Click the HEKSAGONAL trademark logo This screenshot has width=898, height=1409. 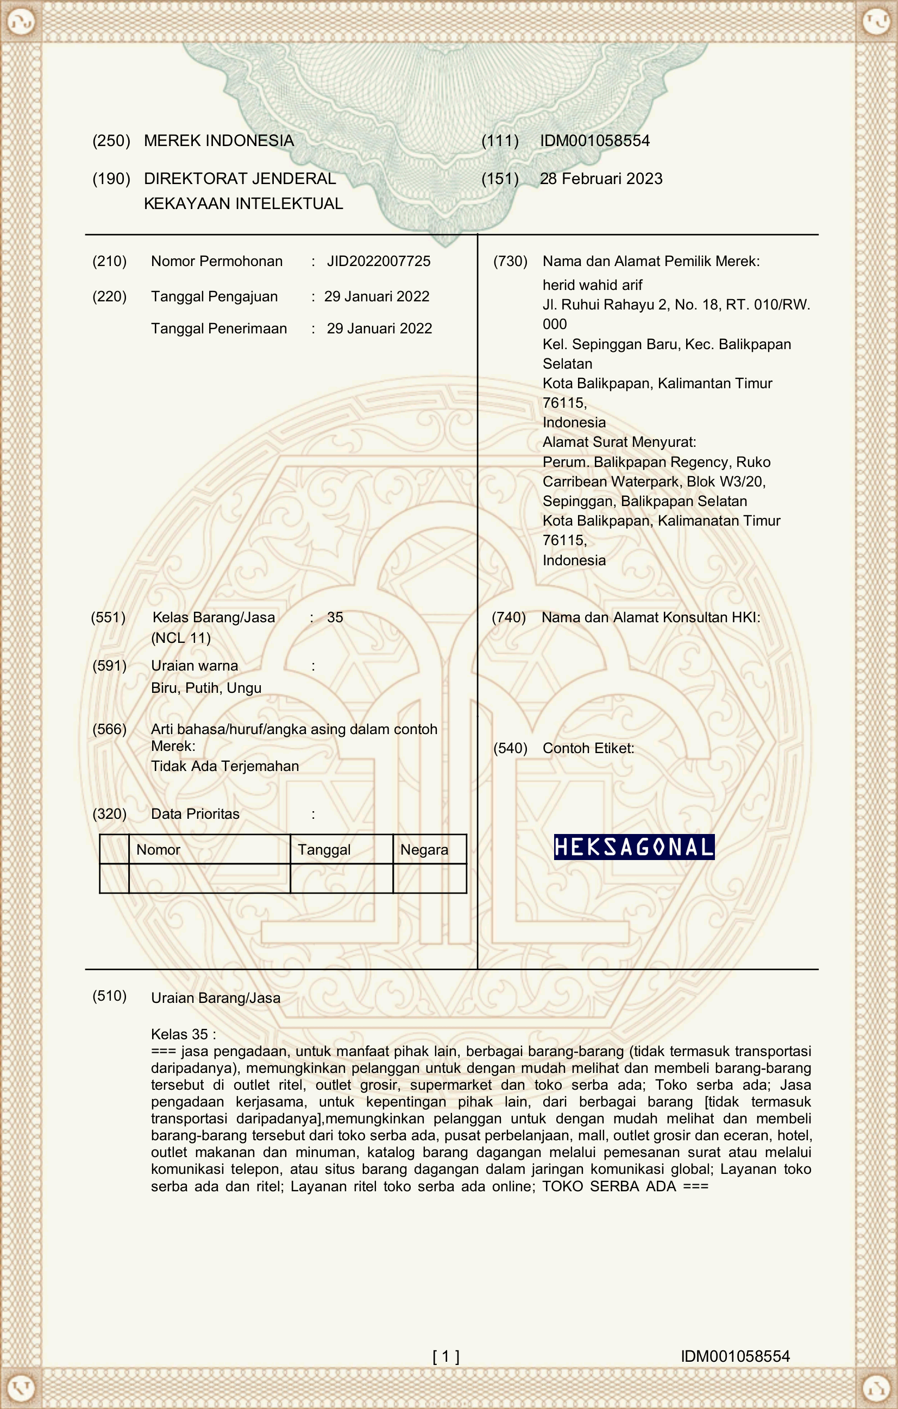point(634,846)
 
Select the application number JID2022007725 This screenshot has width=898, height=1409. point(378,261)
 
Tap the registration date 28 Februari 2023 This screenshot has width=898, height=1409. point(601,179)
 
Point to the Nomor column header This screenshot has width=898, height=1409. point(158,850)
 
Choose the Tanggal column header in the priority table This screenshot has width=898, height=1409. point(324,850)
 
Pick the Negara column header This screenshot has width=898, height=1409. point(424,850)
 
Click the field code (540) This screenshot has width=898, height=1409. point(510,748)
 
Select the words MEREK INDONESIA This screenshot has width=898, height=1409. point(219,141)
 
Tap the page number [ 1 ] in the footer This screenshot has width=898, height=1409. point(445,1356)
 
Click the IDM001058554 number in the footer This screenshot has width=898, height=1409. point(734,1356)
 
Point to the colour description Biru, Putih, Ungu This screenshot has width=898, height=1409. point(206,687)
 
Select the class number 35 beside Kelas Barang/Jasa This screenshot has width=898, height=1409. point(335,617)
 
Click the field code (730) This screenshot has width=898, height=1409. point(510,261)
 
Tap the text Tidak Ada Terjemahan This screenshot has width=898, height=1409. point(225,766)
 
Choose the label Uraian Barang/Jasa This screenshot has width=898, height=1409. point(216,997)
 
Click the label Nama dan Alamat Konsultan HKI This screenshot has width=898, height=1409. point(650,617)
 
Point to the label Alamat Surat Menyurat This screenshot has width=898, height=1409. point(619,442)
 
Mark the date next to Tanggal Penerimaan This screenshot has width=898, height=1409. point(379,328)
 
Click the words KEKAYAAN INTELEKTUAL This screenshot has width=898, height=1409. point(243,204)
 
